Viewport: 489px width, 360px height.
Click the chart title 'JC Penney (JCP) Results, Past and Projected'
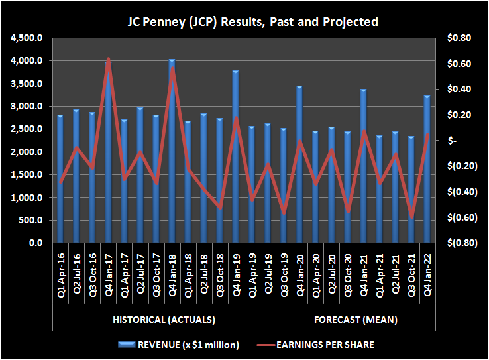(x=252, y=22)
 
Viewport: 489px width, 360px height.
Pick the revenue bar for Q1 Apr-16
(x=60, y=179)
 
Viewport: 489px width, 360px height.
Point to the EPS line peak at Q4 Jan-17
(x=108, y=59)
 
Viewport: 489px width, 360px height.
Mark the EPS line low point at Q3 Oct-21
(x=411, y=217)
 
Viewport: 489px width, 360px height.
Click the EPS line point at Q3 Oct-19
(x=284, y=213)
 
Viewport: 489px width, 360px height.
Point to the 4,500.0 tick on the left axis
(x=27, y=38)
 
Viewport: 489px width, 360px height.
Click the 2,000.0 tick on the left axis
(x=27, y=152)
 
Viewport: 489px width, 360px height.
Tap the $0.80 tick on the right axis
(x=459, y=38)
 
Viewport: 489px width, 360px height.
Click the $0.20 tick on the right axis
(x=459, y=115)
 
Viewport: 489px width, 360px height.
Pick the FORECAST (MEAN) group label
(x=354, y=320)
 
